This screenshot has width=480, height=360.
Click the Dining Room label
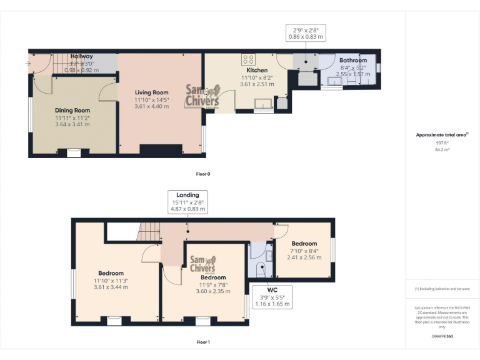[x=72, y=111]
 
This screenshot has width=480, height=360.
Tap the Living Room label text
[x=151, y=92]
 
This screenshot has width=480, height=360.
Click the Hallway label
[x=81, y=56]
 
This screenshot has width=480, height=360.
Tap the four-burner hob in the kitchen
[x=248, y=60]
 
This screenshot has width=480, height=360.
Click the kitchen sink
[x=264, y=103]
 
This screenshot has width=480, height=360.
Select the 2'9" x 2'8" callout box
[x=306, y=33]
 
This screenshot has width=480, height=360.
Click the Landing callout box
[x=187, y=202]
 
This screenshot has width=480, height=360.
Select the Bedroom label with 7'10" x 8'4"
[x=304, y=243]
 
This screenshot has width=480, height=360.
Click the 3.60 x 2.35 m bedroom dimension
[x=209, y=291]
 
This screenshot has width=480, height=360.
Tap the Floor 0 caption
[x=203, y=174]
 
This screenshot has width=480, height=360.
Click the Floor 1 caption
[x=203, y=342]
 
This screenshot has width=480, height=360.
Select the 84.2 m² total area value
[x=442, y=150]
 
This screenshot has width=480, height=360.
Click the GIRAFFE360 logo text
[x=442, y=336]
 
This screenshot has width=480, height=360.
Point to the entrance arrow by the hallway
[x=29, y=63]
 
